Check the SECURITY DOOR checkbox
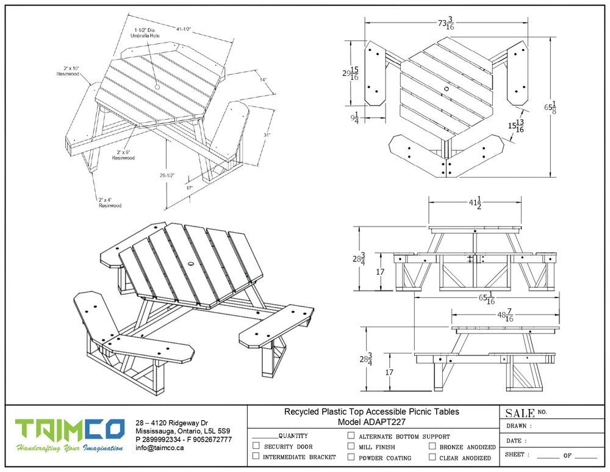coord(256,446)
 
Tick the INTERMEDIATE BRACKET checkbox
coord(256,457)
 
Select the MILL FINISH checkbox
coord(351,446)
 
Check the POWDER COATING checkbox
coord(351,457)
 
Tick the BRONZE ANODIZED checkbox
coord(432,446)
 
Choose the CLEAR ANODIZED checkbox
coord(432,457)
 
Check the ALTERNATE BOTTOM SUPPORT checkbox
coord(351,436)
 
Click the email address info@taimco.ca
coord(160,448)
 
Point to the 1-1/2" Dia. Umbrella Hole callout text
coord(146,32)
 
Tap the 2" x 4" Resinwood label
coord(110,203)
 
